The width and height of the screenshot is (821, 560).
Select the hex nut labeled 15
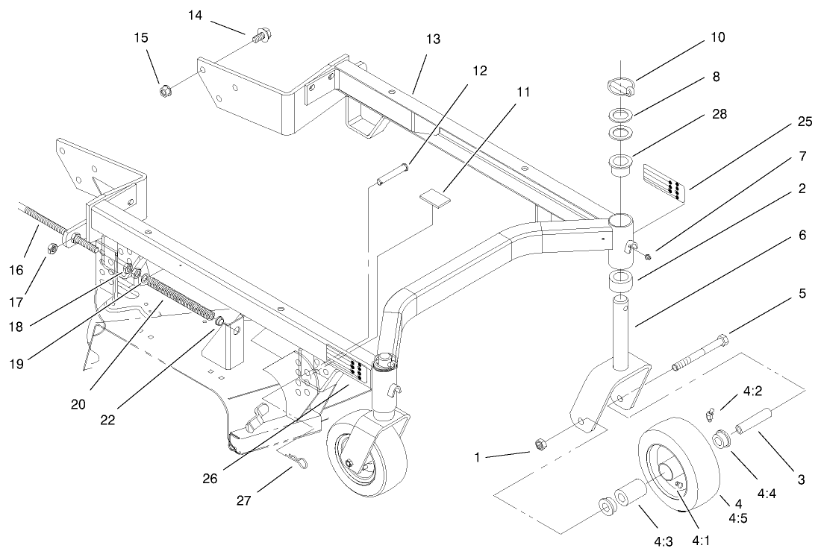pos(163,91)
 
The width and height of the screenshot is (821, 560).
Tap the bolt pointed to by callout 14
pos(263,34)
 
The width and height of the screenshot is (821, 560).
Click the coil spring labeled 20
pos(179,298)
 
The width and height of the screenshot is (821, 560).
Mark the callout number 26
pos(210,478)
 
